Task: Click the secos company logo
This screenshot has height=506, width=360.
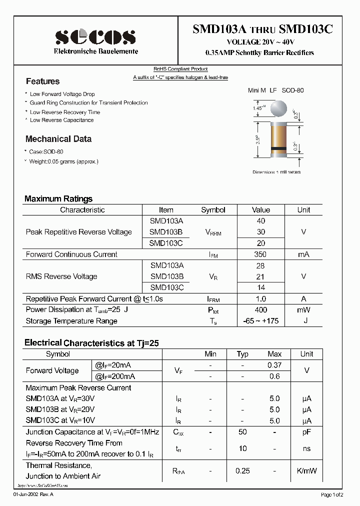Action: (x=95, y=36)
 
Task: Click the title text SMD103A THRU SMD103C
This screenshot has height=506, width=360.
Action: (x=262, y=29)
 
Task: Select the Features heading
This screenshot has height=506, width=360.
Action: (x=42, y=81)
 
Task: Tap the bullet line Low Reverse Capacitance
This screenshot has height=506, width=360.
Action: (x=61, y=120)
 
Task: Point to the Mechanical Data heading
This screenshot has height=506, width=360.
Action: (x=58, y=139)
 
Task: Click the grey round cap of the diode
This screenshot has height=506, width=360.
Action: (x=279, y=108)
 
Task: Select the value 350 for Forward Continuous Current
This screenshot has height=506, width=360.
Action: (x=260, y=254)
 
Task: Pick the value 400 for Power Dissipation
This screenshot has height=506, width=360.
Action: (x=260, y=310)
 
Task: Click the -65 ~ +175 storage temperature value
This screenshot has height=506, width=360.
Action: (x=260, y=321)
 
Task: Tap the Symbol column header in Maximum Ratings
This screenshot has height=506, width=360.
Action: (x=213, y=210)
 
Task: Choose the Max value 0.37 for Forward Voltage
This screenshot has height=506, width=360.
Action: (x=274, y=365)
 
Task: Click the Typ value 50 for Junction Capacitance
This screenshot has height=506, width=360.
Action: (x=242, y=431)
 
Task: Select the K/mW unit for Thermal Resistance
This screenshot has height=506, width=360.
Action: (x=306, y=471)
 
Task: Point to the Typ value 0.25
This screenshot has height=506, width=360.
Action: (x=242, y=471)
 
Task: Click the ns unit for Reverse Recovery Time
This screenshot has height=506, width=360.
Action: (x=306, y=448)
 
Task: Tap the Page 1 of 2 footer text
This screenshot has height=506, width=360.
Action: (x=331, y=494)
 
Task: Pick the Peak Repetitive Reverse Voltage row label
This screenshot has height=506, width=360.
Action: (x=79, y=232)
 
